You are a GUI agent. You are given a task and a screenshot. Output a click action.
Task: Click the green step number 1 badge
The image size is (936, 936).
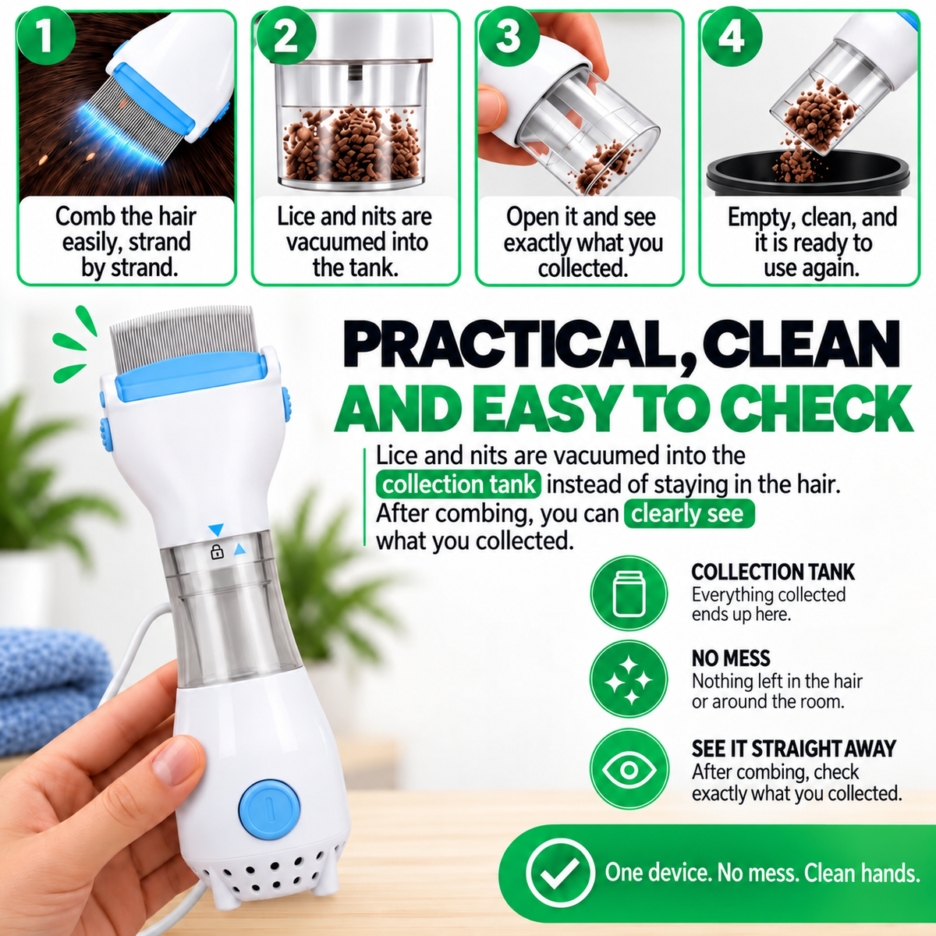pyautogui.click(x=46, y=37)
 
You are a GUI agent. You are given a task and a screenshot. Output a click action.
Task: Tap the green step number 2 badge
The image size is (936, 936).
pyautogui.click(x=285, y=37)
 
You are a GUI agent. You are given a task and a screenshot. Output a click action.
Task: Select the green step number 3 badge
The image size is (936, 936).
pyautogui.click(x=508, y=37)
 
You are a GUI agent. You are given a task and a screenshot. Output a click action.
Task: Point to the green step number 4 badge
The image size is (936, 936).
pyautogui.click(x=732, y=37)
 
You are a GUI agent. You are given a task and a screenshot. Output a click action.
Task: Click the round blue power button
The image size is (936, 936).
pyautogui.click(x=268, y=808)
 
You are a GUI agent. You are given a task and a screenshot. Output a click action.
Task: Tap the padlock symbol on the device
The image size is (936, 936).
pyautogui.click(x=217, y=551)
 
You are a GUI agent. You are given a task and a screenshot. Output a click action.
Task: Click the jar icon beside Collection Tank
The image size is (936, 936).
pyautogui.click(x=629, y=594)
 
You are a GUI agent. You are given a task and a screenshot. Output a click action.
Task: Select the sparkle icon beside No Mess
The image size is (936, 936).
pyautogui.click(x=629, y=679)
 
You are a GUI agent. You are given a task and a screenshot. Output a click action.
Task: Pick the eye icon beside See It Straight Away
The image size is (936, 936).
pyautogui.click(x=629, y=769)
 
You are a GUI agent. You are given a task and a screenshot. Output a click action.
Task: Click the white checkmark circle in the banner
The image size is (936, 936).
pyautogui.click(x=560, y=872)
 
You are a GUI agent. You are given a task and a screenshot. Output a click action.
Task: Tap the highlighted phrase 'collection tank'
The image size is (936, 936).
pyautogui.click(x=458, y=484)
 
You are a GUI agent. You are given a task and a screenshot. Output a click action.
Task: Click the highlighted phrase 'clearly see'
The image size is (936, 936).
pyautogui.click(x=689, y=514)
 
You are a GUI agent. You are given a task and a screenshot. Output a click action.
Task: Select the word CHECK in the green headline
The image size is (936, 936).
pyautogui.click(x=819, y=408)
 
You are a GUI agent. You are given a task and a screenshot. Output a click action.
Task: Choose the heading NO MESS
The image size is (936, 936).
pyautogui.click(x=731, y=658)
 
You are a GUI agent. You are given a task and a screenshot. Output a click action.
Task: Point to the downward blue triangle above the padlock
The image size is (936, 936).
pyautogui.click(x=215, y=529)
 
